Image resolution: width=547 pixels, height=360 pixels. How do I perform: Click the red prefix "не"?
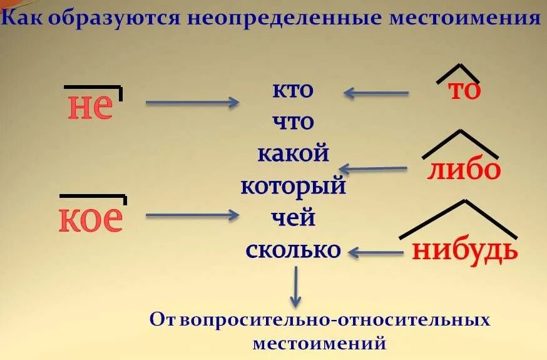coord(90,108)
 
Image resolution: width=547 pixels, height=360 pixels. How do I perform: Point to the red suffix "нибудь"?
coord(465,250)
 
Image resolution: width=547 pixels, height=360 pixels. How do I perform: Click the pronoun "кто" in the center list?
coord(292,90)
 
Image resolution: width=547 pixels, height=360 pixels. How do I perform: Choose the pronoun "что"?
coord(293,121)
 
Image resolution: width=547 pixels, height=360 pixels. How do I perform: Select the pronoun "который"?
coord(293,186)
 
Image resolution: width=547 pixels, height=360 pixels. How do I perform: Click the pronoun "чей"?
coord(293,219)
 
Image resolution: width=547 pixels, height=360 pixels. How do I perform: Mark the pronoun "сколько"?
coord(293,250)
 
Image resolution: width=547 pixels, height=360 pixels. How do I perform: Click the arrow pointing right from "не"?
coord(192,102)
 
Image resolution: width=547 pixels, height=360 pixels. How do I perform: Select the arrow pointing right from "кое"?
coord(192,215)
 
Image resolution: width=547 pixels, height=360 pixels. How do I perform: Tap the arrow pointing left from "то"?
coord(376,93)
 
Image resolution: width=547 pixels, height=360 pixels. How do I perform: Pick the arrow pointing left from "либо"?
coord(373,168)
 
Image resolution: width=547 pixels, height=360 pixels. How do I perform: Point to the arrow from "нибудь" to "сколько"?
coord(376,252)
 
